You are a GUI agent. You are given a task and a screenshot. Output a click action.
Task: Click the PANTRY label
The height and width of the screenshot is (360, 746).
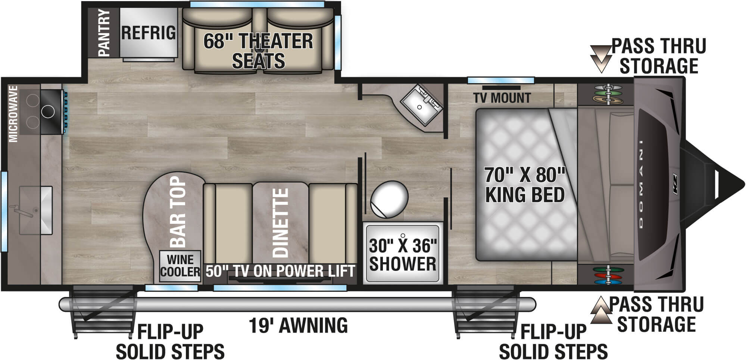point(104,33)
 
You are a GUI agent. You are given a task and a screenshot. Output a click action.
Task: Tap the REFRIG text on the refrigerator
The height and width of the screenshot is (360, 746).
point(149,33)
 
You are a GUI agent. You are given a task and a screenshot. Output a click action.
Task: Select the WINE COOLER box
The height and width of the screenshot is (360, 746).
point(180,265)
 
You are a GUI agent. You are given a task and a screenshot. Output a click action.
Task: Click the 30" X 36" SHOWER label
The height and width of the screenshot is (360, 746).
point(403,255)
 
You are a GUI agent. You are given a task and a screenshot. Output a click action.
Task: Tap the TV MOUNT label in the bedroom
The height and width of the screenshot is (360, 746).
point(502,98)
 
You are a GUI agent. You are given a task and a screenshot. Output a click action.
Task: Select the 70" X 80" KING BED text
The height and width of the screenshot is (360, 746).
point(525,185)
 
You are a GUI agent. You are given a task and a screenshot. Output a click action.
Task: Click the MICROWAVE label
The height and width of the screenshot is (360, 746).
point(13,114)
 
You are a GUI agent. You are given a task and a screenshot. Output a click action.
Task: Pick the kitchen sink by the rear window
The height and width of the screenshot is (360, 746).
point(35,210)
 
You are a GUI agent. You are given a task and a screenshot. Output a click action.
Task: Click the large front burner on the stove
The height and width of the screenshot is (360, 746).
point(48,111)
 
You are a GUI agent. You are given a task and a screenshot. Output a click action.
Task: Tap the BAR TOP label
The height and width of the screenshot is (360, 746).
point(178,212)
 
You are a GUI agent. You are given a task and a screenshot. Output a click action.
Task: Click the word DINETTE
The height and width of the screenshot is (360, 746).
point(281,223)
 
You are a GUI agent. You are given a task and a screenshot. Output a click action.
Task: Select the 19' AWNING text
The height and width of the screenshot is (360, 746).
point(298,325)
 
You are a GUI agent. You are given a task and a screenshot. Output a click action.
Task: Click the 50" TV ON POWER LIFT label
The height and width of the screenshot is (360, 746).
point(280,271)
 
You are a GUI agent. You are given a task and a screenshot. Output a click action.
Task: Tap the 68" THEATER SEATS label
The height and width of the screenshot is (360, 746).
point(258,51)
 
